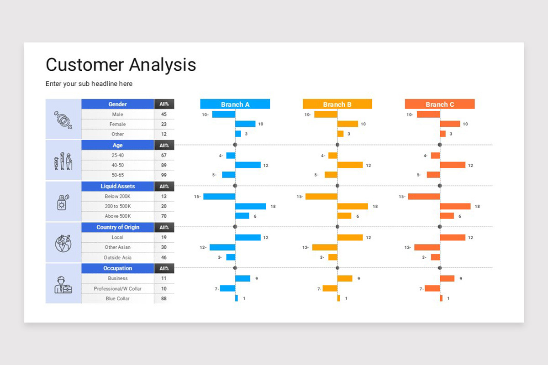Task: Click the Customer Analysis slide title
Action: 121,65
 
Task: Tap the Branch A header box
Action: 235,104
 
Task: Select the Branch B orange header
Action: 337,104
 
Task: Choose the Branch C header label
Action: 439,104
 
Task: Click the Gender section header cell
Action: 117,104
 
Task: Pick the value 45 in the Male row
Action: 163,115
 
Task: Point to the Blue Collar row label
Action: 117,298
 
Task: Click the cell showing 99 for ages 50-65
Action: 163,175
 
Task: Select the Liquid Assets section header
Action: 117,186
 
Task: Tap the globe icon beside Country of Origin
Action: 63,243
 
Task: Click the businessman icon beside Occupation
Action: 63,284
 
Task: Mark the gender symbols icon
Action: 63,119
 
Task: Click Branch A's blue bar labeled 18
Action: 250,206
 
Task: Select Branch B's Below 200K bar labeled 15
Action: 321,197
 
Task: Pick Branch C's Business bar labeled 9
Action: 447,278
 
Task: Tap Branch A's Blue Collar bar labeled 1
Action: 237,298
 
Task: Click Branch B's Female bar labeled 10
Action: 348,124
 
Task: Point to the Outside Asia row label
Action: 117,257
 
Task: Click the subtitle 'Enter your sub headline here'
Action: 89,84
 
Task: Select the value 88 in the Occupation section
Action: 163,298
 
